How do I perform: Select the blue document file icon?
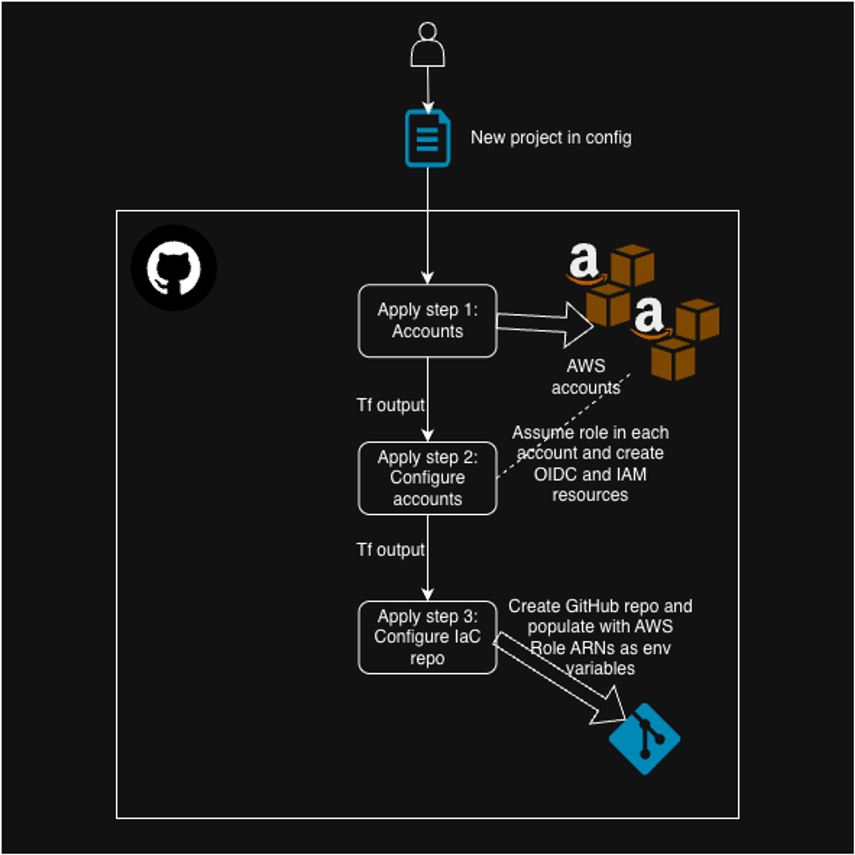[x=427, y=139]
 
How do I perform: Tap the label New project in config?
[x=551, y=138]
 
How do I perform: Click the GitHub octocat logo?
[x=174, y=268]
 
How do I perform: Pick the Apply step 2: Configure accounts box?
[x=427, y=478]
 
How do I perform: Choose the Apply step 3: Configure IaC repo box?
[x=427, y=637]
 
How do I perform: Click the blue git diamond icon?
[x=644, y=739]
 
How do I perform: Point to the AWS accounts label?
[x=586, y=377]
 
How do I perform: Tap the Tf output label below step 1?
[x=390, y=405]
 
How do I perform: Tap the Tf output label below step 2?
[x=390, y=550]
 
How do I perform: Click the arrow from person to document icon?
[x=427, y=88]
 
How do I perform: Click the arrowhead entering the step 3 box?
[x=427, y=594]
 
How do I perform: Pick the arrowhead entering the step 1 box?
[x=427, y=277]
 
